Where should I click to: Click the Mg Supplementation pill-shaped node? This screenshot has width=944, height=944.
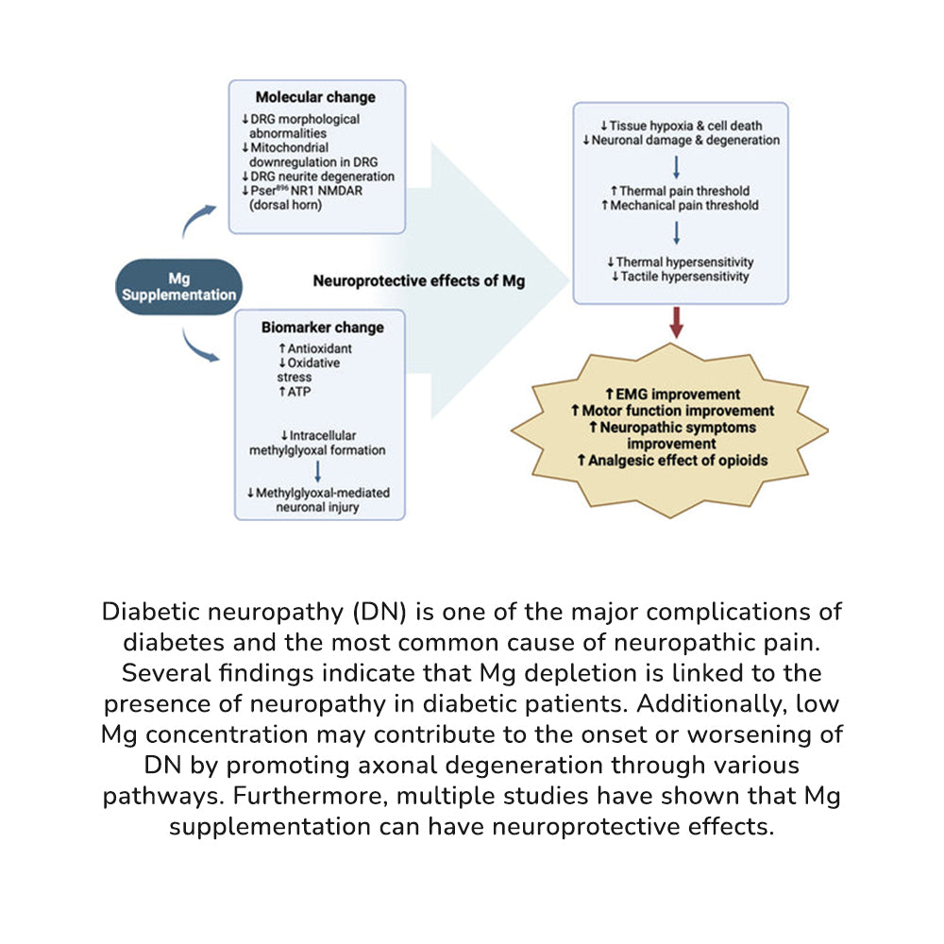[178, 287]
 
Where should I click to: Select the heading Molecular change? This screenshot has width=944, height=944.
[315, 97]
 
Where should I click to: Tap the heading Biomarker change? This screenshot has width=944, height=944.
[321, 328]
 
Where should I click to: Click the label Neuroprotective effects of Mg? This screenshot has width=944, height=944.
[419, 280]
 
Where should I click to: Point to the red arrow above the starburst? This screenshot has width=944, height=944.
[676, 323]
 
